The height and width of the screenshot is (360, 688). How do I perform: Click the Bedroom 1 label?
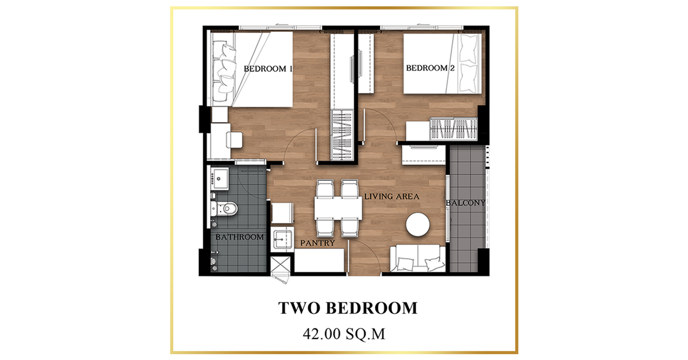[268, 68]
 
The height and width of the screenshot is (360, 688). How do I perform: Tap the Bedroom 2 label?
[430, 68]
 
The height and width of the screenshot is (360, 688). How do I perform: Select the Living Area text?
[392, 196]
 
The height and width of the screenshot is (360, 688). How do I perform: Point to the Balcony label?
[466, 203]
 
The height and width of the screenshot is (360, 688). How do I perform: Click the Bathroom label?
[239, 237]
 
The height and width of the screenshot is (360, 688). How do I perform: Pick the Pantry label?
[317, 243]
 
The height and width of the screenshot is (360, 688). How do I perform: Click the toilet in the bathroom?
[225, 209]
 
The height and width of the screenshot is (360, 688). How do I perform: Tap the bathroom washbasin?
[220, 178]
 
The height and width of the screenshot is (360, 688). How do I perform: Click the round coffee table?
[417, 225]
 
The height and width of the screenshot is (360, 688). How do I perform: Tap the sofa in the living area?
[418, 258]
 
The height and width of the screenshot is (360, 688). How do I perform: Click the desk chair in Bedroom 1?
[234, 140]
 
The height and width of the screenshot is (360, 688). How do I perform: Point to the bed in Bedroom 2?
[442, 64]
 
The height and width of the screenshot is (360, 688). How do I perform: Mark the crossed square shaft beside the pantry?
[280, 265]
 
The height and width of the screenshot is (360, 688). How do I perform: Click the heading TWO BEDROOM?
[348, 308]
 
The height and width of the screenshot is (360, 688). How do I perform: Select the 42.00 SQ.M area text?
[344, 334]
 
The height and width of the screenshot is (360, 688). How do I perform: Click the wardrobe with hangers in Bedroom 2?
[453, 129]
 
